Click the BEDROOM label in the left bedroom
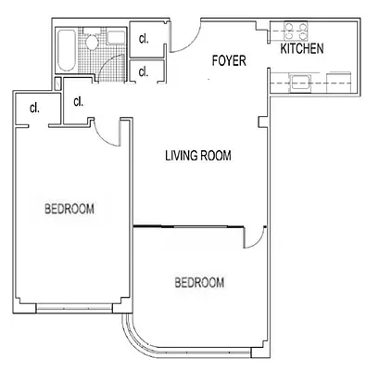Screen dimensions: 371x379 pyautogui.click(x=69, y=208)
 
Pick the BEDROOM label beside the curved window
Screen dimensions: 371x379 pyautogui.click(x=199, y=282)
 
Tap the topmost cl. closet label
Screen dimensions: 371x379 pyautogui.click(x=144, y=39)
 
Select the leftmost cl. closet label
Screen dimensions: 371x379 pyautogui.click(x=34, y=108)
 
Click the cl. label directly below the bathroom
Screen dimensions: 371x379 pyautogui.click(x=78, y=102)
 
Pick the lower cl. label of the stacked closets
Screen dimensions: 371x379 pyautogui.click(x=144, y=71)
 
